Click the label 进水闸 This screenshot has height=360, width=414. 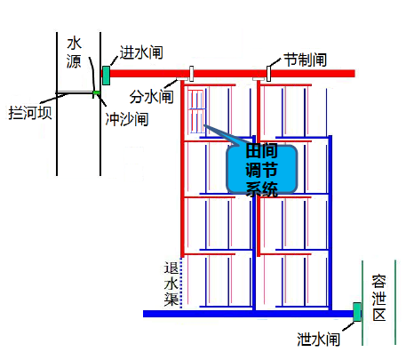[x=141, y=52]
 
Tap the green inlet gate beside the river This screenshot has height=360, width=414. [x=106, y=76]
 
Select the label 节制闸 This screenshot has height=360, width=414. [x=306, y=60]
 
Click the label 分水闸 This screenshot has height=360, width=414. [x=151, y=97]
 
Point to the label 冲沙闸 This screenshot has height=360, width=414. [x=127, y=119]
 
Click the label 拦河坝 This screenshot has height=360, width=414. [x=30, y=113]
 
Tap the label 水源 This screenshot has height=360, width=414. [x=74, y=52]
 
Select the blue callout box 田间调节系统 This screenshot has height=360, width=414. [x=262, y=170]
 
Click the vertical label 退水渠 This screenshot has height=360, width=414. [x=171, y=284]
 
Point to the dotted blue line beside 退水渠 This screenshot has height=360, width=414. [x=181, y=283]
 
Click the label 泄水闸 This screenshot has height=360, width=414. [x=318, y=339]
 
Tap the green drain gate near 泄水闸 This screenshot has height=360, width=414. [x=357, y=312]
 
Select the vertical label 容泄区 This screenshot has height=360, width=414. [x=379, y=298]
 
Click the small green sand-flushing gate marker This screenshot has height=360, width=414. [x=96, y=94]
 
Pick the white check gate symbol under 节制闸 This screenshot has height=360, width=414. [x=268, y=74]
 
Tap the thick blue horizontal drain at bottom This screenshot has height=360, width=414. [x=248, y=314]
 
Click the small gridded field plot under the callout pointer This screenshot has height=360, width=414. [x=196, y=111]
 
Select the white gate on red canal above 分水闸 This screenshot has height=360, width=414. [x=192, y=74]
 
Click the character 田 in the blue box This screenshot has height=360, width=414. [x=253, y=151]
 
